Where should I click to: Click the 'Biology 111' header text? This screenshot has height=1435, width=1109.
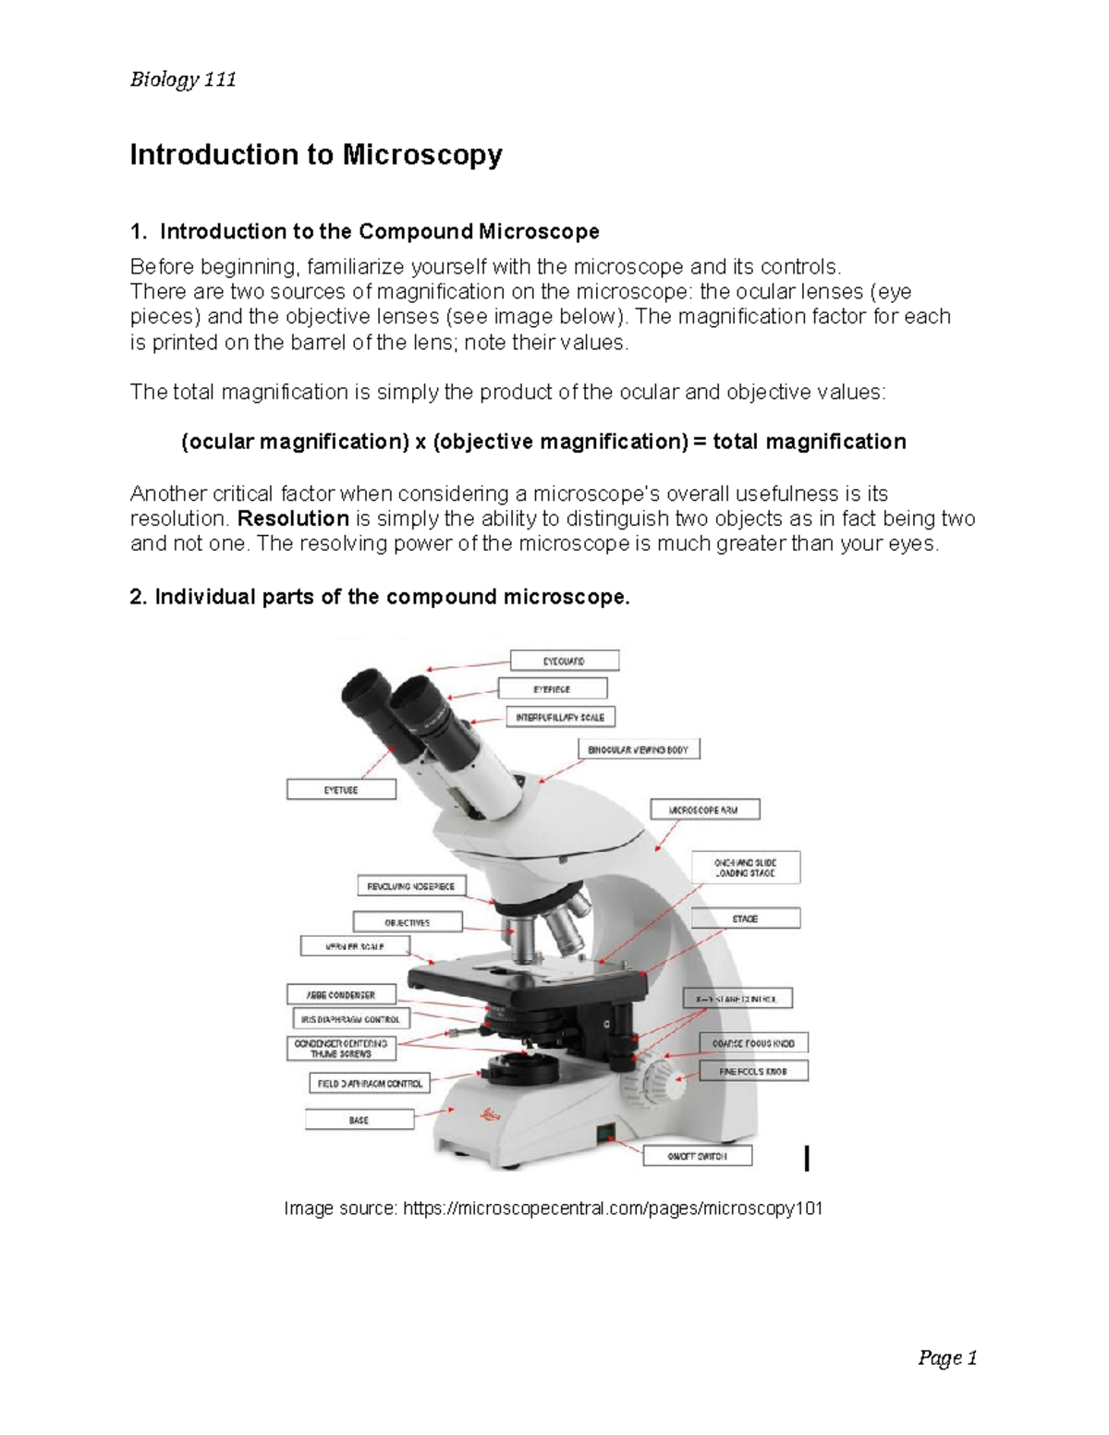(183, 79)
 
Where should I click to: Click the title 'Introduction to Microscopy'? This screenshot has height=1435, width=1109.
(315, 154)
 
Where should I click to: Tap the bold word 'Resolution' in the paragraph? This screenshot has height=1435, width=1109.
(293, 518)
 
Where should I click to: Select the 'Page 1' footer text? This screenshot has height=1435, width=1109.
(947, 1358)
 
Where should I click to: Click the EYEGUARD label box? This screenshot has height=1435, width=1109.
(564, 661)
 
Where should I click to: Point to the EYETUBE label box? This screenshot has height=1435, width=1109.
(341, 790)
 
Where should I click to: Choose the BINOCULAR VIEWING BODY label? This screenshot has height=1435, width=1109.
(639, 749)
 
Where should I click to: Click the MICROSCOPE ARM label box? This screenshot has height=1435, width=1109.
(705, 810)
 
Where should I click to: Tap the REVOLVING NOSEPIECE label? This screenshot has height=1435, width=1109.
(411, 886)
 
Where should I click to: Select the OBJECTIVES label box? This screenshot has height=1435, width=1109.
(406, 922)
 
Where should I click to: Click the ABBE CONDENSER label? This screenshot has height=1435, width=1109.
(341, 995)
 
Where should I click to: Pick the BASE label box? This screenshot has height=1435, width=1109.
(360, 1120)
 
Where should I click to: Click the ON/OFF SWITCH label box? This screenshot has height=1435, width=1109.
(697, 1156)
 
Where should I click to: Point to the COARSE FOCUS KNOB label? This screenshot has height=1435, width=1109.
(753, 1043)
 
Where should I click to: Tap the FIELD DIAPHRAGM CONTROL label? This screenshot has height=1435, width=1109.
(369, 1083)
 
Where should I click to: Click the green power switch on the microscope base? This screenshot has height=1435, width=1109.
(606, 1133)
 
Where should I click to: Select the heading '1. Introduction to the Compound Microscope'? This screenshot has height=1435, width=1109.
(365, 231)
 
